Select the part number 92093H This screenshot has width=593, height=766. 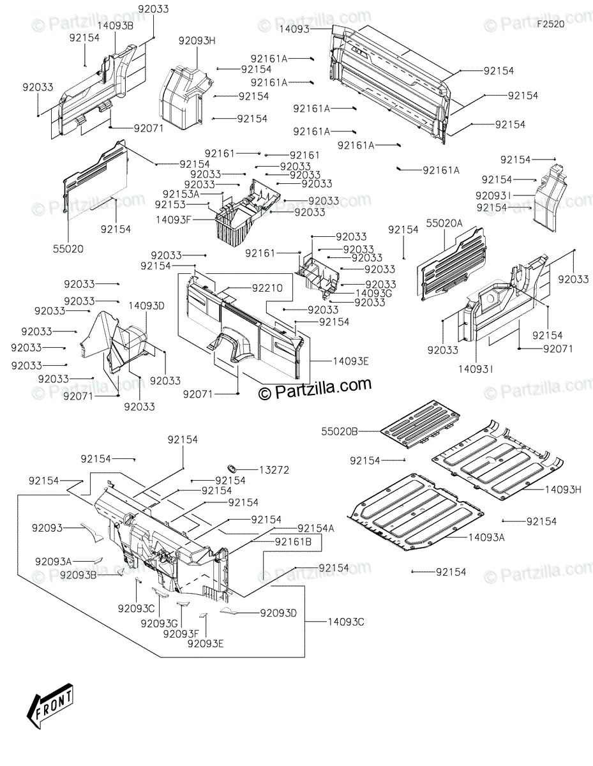point(197,41)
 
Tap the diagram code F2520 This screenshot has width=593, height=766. point(550,24)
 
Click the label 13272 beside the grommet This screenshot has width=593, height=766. point(274,470)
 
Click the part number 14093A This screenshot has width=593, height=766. point(486,537)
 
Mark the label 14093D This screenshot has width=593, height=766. point(147,306)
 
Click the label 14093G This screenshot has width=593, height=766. point(374,292)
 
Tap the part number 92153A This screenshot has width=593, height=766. point(181,193)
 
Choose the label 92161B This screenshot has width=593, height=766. point(293,541)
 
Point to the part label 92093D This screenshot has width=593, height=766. point(278,613)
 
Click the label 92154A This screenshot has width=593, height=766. point(315,528)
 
